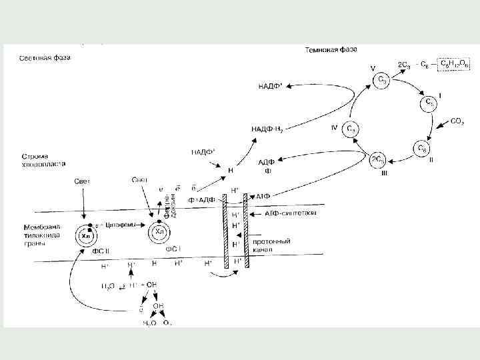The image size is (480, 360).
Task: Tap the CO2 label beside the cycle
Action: (x=457, y=122)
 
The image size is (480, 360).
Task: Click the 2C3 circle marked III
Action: (x=379, y=161)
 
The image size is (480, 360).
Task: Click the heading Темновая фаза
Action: (x=331, y=49)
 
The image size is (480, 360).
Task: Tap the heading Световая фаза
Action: (x=45, y=57)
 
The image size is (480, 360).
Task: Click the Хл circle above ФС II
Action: (x=86, y=236)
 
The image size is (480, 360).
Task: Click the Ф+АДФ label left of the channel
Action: (x=202, y=200)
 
